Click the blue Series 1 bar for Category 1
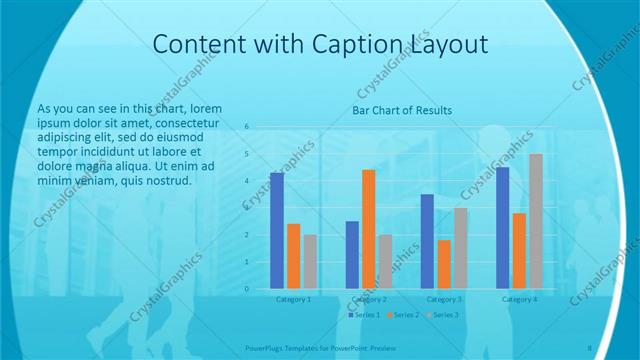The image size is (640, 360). pyautogui.click(x=277, y=231)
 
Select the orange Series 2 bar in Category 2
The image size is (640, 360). pyautogui.click(x=369, y=229)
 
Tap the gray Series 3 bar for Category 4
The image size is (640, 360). pyautogui.click(x=536, y=221)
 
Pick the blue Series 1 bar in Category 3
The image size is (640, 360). pyautogui.click(x=427, y=241)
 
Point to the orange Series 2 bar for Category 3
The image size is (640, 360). pyautogui.click(x=444, y=264)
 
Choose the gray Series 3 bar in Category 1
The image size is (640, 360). pyautogui.click(x=310, y=262)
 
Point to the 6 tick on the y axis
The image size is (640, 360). pyautogui.click(x=247, y=128)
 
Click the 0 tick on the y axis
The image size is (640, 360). pyautogui.click(x=247, y=289)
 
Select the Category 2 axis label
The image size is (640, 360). pyautogui.click(x=369, y=299)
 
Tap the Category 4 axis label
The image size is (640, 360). pyautogui.click(x=519, y=299)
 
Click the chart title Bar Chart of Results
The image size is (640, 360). pyautogui.click(x=402, y=110)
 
